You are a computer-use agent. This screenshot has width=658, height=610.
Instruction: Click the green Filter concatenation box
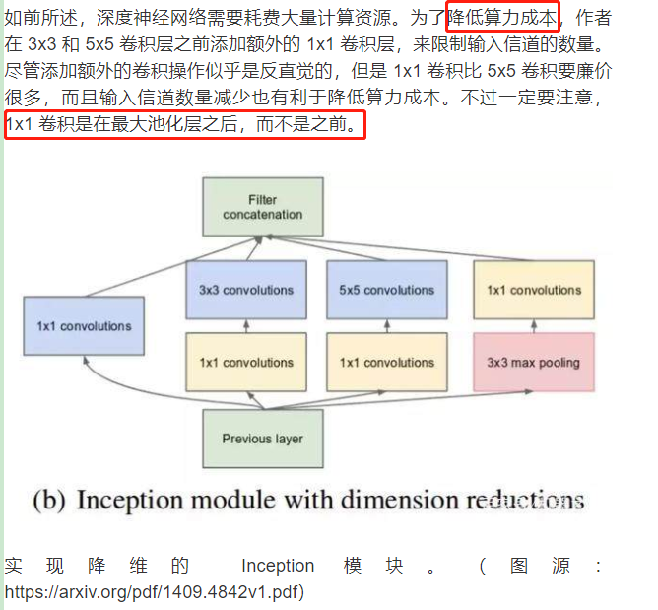coord(262,206)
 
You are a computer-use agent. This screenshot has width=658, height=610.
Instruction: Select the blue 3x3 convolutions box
coord(246,290)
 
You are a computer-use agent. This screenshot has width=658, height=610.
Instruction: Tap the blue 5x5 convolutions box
coord(386,290)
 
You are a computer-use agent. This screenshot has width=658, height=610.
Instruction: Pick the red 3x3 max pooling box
coord(533,362)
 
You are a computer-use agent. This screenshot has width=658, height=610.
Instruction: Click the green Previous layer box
coord(262,439)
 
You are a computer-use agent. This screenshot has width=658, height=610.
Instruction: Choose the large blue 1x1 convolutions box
coord(84,326)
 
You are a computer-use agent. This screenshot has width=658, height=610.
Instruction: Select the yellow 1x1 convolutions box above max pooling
coord(533,290)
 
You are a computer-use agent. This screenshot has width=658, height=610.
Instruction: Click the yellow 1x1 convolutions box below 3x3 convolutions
coord(246,362)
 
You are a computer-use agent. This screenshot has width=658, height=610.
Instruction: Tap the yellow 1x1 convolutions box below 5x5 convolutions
coord(386,362)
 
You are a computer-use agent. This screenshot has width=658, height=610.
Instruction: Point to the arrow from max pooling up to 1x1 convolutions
coord(533,326)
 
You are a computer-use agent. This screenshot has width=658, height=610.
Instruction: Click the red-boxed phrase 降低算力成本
coord(502,17)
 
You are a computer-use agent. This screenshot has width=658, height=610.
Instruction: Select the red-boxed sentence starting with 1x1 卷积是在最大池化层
coord(184,125)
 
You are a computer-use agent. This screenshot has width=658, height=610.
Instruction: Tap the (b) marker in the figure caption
coord(49,500)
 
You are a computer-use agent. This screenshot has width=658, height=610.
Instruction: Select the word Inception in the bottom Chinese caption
coord(279,566)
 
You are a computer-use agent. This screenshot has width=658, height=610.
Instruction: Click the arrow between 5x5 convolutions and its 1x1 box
coord(386,326)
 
